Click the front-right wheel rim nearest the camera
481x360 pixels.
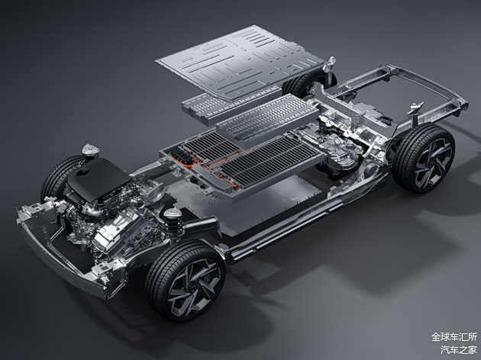[x=195, y=287]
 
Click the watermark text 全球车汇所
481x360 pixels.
[x=454, y=337]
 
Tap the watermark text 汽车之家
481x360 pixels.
[x=459, y=349]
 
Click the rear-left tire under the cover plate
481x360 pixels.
[x=299, y=83]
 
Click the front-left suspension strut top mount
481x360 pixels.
[x=91, y=151]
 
